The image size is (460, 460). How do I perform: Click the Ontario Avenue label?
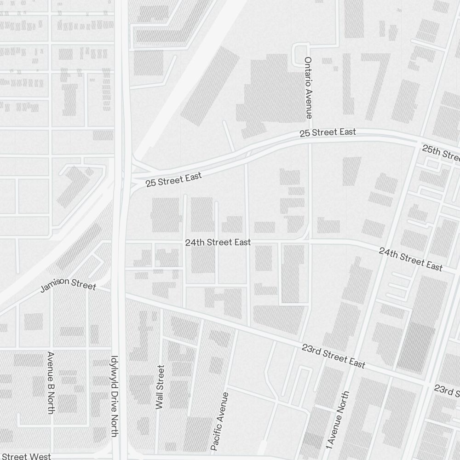308,88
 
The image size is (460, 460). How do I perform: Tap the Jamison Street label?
68,285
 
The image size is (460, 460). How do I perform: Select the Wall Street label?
160,387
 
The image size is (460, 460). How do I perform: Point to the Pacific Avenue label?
219,421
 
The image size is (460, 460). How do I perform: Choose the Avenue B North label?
51,382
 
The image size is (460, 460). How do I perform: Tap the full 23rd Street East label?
333,356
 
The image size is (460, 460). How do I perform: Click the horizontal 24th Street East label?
218,242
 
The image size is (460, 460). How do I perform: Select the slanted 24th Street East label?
410,259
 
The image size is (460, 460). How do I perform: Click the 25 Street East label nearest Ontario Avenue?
328,132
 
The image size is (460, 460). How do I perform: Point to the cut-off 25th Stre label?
441,153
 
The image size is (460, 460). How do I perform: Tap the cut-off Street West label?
26,456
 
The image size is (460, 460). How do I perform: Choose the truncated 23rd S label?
446,391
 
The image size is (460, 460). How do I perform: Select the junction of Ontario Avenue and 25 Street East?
310,138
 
